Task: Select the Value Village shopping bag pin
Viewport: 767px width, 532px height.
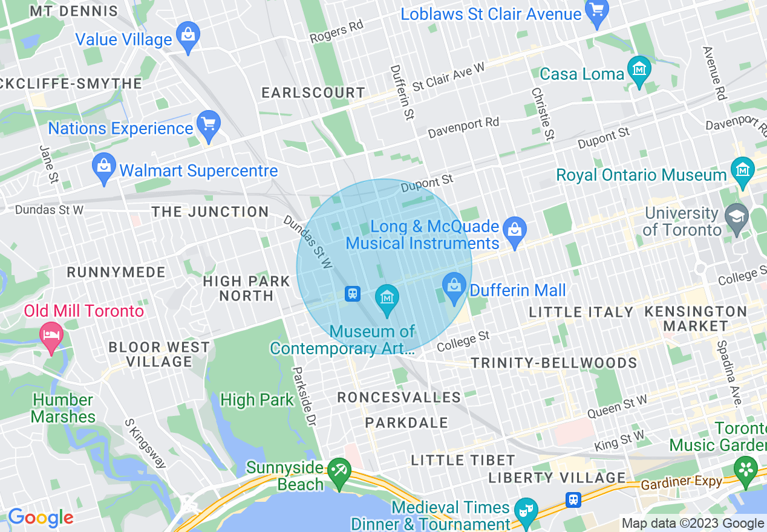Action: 188,36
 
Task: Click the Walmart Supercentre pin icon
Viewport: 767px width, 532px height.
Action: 103,167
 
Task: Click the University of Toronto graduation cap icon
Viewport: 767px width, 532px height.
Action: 737,219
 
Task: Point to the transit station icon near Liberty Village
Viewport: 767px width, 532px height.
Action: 573,499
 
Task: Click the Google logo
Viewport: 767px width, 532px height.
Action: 40,517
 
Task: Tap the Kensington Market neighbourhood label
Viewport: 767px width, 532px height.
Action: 696,319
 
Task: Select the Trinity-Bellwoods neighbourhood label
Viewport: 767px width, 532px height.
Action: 553,363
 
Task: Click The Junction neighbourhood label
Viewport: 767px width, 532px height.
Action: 210,212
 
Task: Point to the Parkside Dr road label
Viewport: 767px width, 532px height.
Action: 304,396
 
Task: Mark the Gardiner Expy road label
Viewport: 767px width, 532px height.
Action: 682,482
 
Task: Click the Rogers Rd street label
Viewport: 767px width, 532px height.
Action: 337,33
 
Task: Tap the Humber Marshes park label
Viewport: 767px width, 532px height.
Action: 64,408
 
